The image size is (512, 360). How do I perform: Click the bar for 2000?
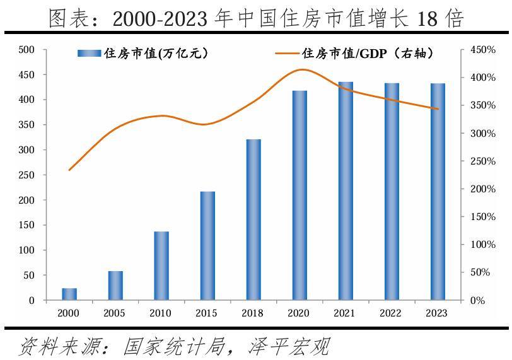[69, 294]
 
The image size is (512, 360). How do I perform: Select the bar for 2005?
[115, 286]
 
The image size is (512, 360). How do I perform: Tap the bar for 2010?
[161, 265]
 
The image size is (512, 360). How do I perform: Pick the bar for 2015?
[207, 245]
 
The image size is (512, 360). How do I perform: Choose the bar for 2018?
[253, 219]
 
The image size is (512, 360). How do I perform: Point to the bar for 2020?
[300, 195]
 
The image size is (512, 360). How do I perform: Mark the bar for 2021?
[346, 191]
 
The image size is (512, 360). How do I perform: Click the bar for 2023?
[438, 192]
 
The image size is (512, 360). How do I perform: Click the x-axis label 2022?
[391, 313]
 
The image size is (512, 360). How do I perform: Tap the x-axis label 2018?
[253, 313]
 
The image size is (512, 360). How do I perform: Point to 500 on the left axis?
[26, 50]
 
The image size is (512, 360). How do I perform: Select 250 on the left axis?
[26, 175]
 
